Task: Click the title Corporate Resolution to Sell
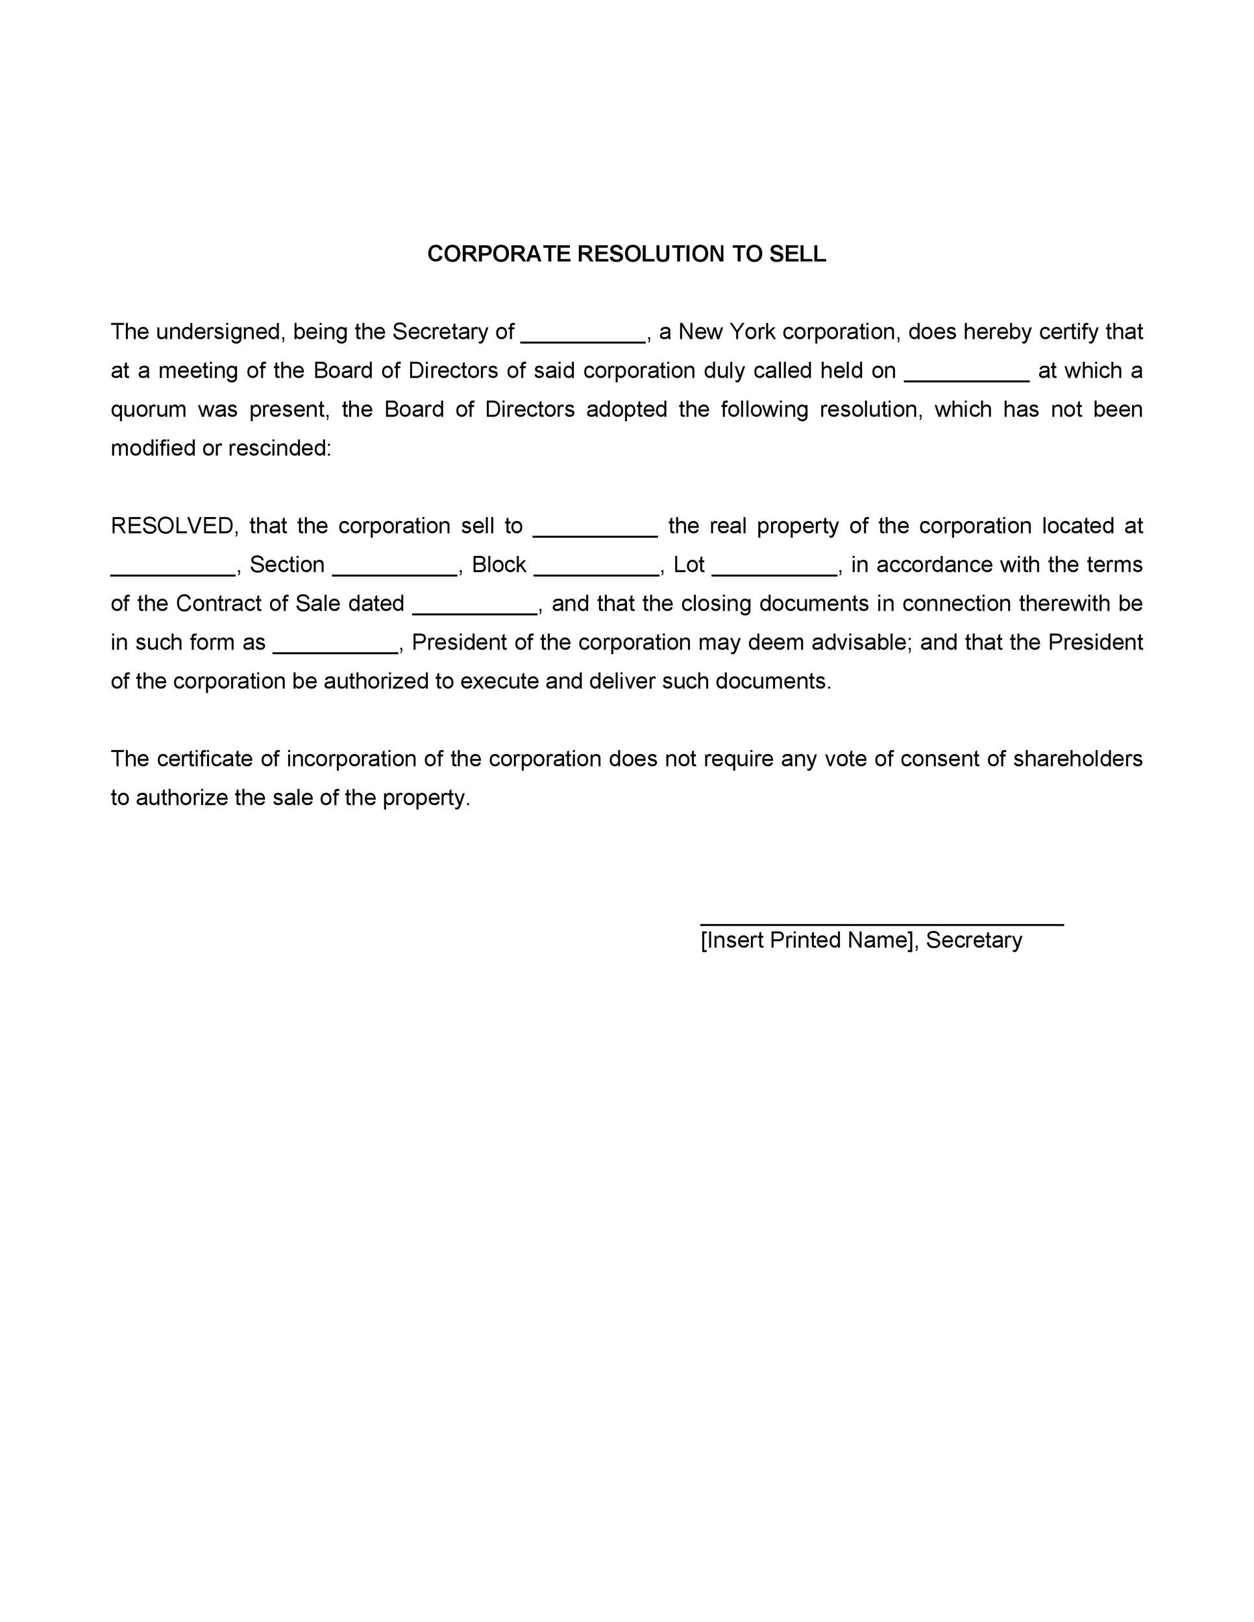[x=626, y=254]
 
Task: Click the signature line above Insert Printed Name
[x=882, y=923]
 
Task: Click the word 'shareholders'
[x=1078, y=758]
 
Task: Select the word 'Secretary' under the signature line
[x=974, y=940]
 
